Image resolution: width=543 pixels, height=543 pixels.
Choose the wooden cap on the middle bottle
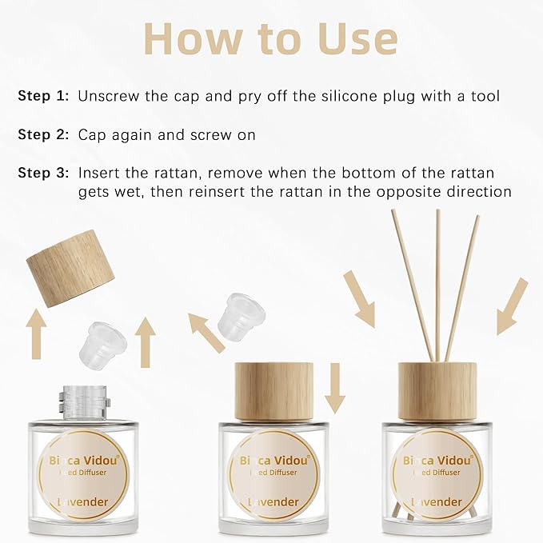click(x=268, y=391)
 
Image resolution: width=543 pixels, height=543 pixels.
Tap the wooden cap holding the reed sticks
click(x=437, y=391)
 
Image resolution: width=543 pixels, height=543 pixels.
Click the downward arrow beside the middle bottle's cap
click(x=334, y=387)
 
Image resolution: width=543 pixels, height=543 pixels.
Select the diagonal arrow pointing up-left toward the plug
click(x=206, y=332)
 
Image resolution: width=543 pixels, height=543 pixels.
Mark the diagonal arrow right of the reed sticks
click(x=512, y=305)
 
